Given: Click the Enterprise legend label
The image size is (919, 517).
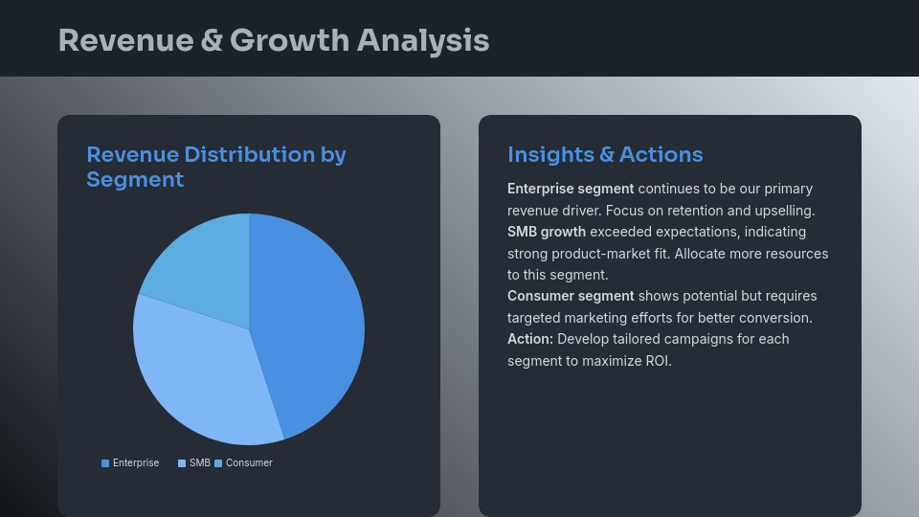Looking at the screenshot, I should [x=136, y=463].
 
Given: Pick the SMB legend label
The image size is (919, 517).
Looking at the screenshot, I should [x=199, y=463].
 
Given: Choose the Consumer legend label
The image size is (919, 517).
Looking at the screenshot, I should [x=249, y=463].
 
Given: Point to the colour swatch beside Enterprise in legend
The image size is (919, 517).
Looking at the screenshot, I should [x=105, y=463].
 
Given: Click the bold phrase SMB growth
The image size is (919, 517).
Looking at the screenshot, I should [x=547, y=232].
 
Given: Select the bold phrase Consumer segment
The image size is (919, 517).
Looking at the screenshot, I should [x=571, y=296].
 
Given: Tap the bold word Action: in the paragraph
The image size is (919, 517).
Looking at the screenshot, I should [x=530, y=339].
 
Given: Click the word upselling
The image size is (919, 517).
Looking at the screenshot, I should [x=780, y=211].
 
